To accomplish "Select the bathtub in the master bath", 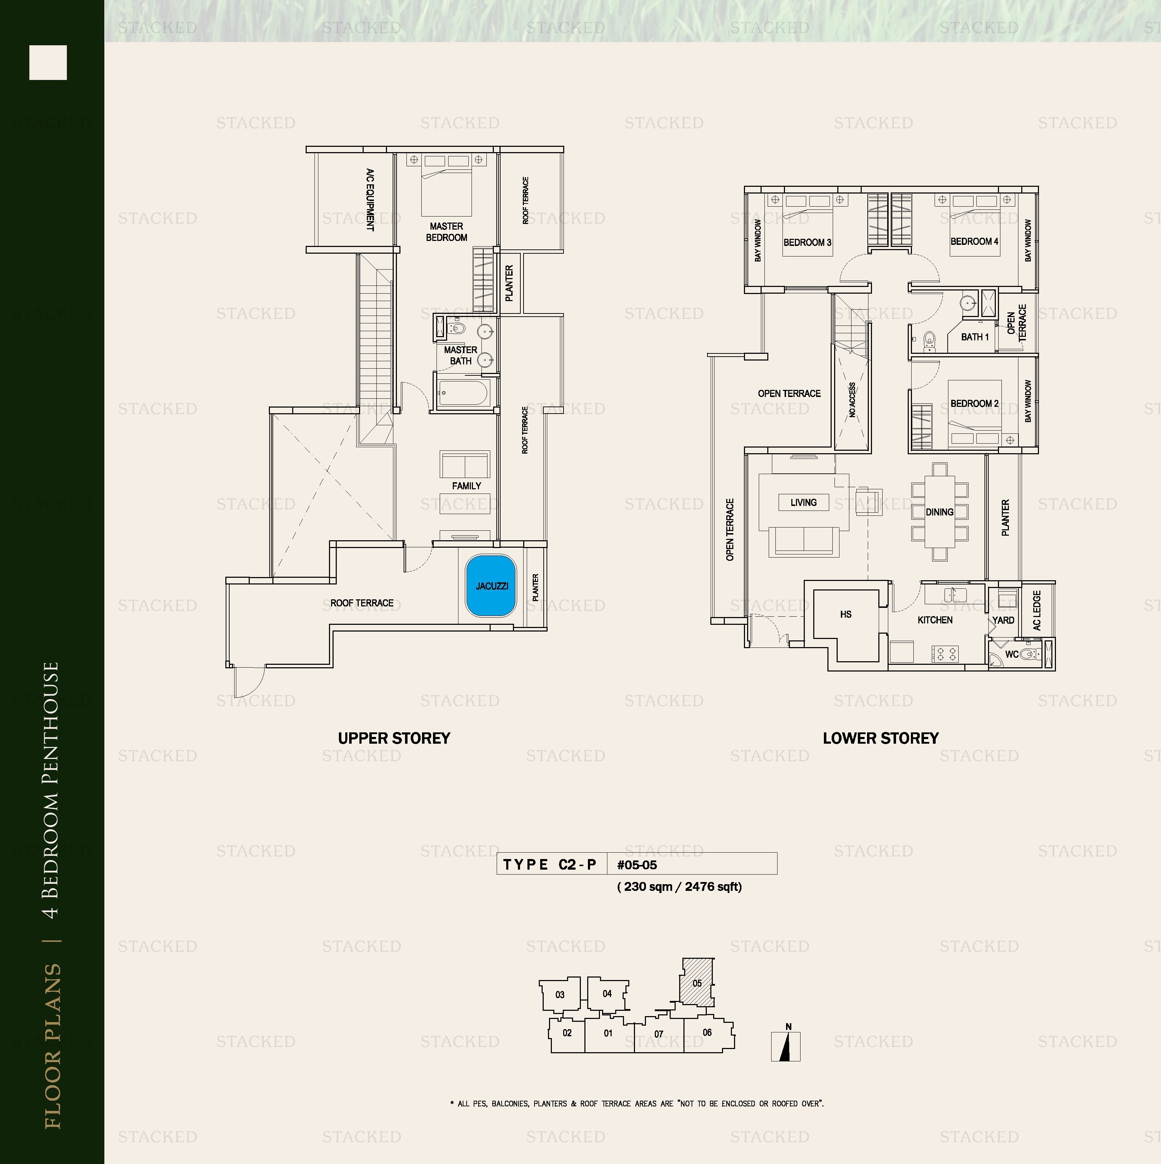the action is [463, 393].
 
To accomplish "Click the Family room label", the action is [466, 486].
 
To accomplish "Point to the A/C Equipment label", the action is [370, 200].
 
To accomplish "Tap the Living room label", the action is [804, 502].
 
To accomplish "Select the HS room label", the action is [846, 614].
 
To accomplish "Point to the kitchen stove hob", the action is [945, 652].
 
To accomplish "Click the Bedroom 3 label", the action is [807, 242].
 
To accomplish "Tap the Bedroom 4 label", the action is [974, 241].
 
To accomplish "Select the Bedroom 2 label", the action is [974, 403].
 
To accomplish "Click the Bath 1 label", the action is [975, 337].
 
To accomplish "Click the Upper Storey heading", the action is [394, 738].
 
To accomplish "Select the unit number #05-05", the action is [637, 865].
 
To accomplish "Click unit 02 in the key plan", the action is [567, 1033].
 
